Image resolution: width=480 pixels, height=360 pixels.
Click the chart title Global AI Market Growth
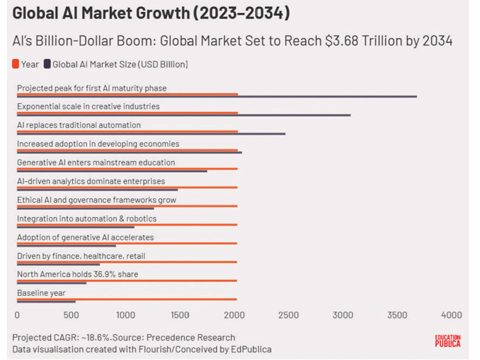[x=151, y=14]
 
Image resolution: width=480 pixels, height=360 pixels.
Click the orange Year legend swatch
[x=16, y=64]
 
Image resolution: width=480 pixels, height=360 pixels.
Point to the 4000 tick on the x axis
[x=451, y=315]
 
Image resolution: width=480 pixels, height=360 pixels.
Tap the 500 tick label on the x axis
[x=71, y=315]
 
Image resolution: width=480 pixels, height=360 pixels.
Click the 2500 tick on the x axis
[x=288, y=315]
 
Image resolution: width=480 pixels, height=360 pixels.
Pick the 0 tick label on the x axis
[x=17, y=315]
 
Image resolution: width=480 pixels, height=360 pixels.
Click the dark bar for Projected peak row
[x=216, y=97]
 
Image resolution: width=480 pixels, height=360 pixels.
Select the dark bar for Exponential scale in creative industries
[x=183, y=115]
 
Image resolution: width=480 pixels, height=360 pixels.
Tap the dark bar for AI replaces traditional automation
[x=151, y=134]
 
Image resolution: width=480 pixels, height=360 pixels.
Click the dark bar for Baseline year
[x=46, y=302]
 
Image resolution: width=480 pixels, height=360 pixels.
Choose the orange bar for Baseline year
[x=127, y=299]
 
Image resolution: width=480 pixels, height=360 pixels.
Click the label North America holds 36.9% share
[x=77, y=274]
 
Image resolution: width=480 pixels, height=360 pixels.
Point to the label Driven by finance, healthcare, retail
[x=81, y=256]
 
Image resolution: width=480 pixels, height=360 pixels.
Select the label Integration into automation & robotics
[x=86, y=218]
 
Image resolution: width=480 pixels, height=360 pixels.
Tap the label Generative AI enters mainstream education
[x=95, y=162]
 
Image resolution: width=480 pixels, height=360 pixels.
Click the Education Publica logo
[x=447, y=341]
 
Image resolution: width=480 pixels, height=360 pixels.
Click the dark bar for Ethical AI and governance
[x=85, y=209]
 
